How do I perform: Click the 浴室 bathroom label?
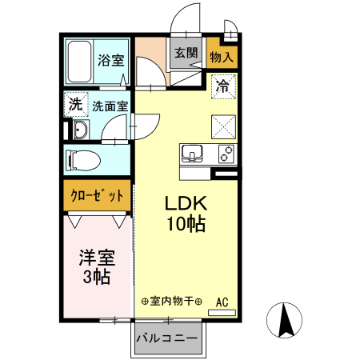110,60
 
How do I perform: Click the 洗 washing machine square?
75,104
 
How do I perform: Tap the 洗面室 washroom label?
110,105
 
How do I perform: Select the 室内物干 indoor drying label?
171,302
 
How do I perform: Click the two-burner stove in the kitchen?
225,152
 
